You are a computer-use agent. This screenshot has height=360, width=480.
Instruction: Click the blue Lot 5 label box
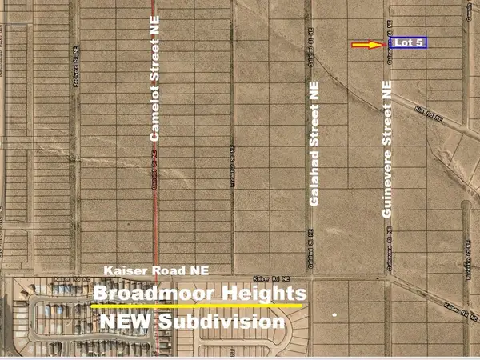pos(408,42)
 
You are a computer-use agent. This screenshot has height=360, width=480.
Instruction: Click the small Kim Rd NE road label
pos(428,114)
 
